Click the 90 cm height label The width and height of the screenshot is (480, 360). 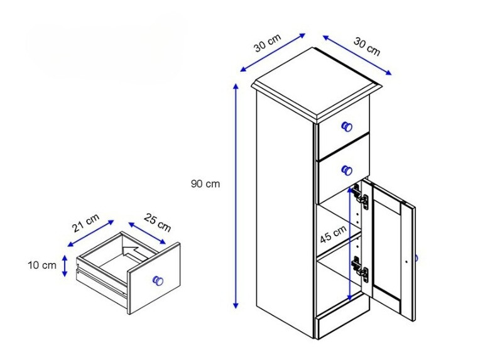(x=205, y=183)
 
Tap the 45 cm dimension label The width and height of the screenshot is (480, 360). (x=333, y=234)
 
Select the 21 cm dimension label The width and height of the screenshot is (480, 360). (x=86, y=222)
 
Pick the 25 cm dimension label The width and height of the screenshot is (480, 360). (x=157, y=222)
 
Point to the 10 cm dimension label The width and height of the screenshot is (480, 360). (x=42, y=265)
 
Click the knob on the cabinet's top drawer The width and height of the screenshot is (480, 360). (x=347, y=126)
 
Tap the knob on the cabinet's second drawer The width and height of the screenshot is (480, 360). (x=347, y=170)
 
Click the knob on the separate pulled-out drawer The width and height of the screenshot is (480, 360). (x=158, y=280)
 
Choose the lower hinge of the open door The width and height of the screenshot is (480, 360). (x=360, y=268)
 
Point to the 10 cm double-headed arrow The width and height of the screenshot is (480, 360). (x=65, y=266)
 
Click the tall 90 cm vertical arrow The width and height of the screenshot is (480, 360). (x=236, y=195)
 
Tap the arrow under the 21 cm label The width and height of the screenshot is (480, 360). (x=91, y=233)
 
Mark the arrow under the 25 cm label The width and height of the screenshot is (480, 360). (x=147, y=233)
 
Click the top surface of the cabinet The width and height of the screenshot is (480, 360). (x=317, y=82)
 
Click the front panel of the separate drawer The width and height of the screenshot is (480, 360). (x=154, y=278)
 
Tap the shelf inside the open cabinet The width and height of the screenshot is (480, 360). (x=338, y=246)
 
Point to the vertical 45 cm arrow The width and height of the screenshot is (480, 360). (x=350, y=244)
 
